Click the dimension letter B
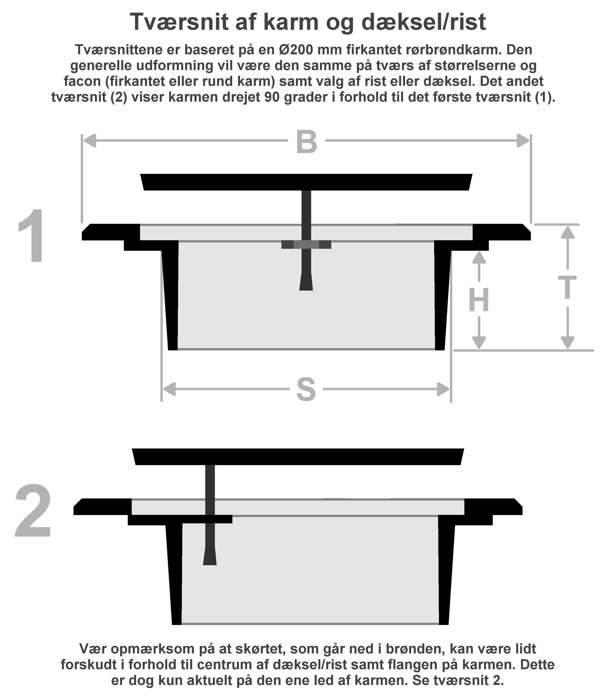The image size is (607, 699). coord(306,142)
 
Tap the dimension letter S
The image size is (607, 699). coord(306,390)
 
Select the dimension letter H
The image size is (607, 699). coord(478,300)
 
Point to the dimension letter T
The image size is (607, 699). coord(567,287)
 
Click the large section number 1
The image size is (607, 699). coord(33,236)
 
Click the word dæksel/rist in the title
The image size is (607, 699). coord(423,22)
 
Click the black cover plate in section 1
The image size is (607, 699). coord(306,182)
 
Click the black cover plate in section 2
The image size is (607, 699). coord(298,457)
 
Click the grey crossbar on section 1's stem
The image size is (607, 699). coord(306,245)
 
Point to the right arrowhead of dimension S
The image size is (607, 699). coord(443,389)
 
